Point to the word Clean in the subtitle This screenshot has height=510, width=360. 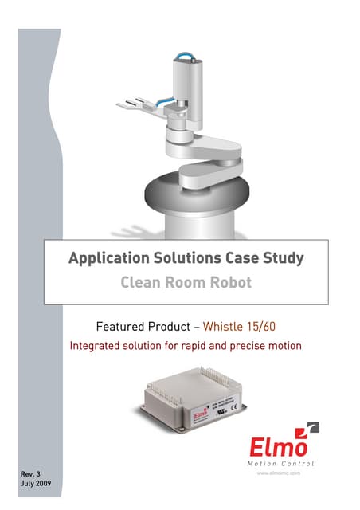click(x=142, y=281)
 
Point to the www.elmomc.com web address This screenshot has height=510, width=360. click(x=277, y=473)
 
